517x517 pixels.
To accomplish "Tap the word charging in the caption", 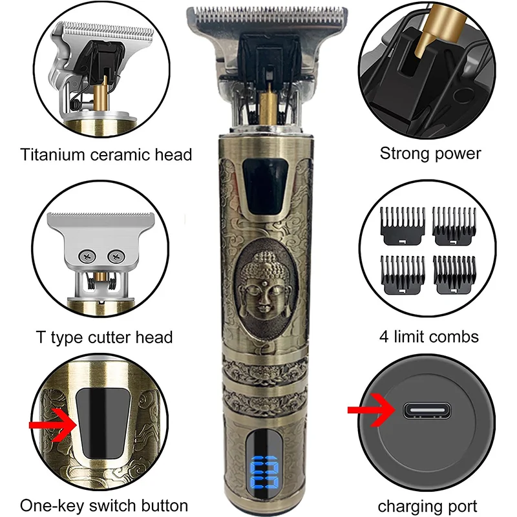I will [406, 505].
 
